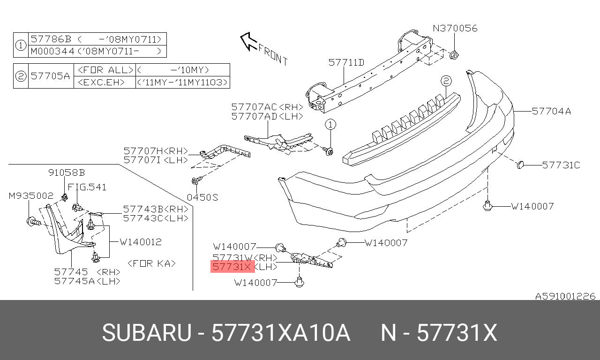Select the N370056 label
(455, 28)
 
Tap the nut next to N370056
(454, 55)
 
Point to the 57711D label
(346, 62)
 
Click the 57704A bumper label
(551, 112)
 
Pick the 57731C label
(561, 165)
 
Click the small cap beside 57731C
(520, 165)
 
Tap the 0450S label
(202, 197)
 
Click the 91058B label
(66, 172)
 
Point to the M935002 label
(31, 196)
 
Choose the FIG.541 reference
(87, 187)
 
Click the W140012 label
(141, 242)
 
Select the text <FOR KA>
(151, 263)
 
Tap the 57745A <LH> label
(87, 281)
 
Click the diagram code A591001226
(565, 296)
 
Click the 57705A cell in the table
(50, 75)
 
